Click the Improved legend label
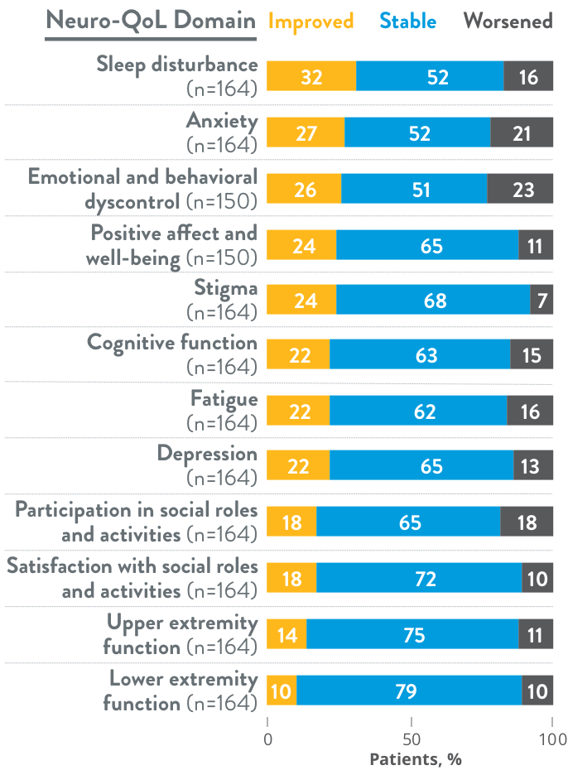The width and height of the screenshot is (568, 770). tap(311, 21)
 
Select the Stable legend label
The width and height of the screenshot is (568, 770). tap(408, 21)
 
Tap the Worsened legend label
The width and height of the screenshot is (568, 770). tap(508, 21)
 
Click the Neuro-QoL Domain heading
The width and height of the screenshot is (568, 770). tap(150, 22)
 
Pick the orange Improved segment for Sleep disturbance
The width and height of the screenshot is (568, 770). tap(311, 77)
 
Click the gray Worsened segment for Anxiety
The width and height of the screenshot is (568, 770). tap(522, 132)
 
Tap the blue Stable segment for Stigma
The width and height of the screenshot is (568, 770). tap(433, 301)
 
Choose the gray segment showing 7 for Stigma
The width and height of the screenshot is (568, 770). tap(542, 301)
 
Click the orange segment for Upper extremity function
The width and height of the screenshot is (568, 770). tap(286, 635)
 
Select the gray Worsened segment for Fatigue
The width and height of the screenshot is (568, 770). tap(530, 411)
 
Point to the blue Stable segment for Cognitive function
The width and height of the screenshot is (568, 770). tap(420, 356)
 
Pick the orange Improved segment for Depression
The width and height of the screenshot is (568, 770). tap(298, 467)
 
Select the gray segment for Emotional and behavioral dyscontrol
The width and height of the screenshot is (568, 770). tap(520, 189)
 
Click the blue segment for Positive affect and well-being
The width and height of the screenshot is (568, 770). tap(427, 245)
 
